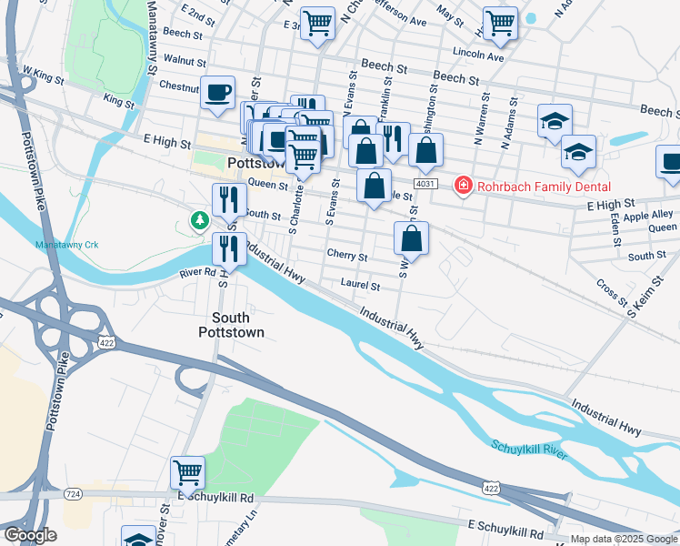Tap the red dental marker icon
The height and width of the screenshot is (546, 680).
tap(463, 186)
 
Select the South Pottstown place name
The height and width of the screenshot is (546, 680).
tap(238, 325)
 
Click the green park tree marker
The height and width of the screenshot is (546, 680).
tap(197, 220)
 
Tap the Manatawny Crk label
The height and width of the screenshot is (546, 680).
tap(66, 245)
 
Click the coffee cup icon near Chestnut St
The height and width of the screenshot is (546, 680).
tap(217, 93)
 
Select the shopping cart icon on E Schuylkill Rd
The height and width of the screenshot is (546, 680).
tap(187, 472)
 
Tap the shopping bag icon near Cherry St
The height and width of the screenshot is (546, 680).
tap(411, 238)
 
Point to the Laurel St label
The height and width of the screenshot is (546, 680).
tap(360, 285)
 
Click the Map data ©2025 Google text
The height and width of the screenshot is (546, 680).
tap(624, 539)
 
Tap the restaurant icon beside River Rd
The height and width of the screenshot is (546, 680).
tap(229, 248)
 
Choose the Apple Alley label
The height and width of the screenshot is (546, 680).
tap(648, 216)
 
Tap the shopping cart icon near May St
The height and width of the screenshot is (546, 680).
tap(500, 24)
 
